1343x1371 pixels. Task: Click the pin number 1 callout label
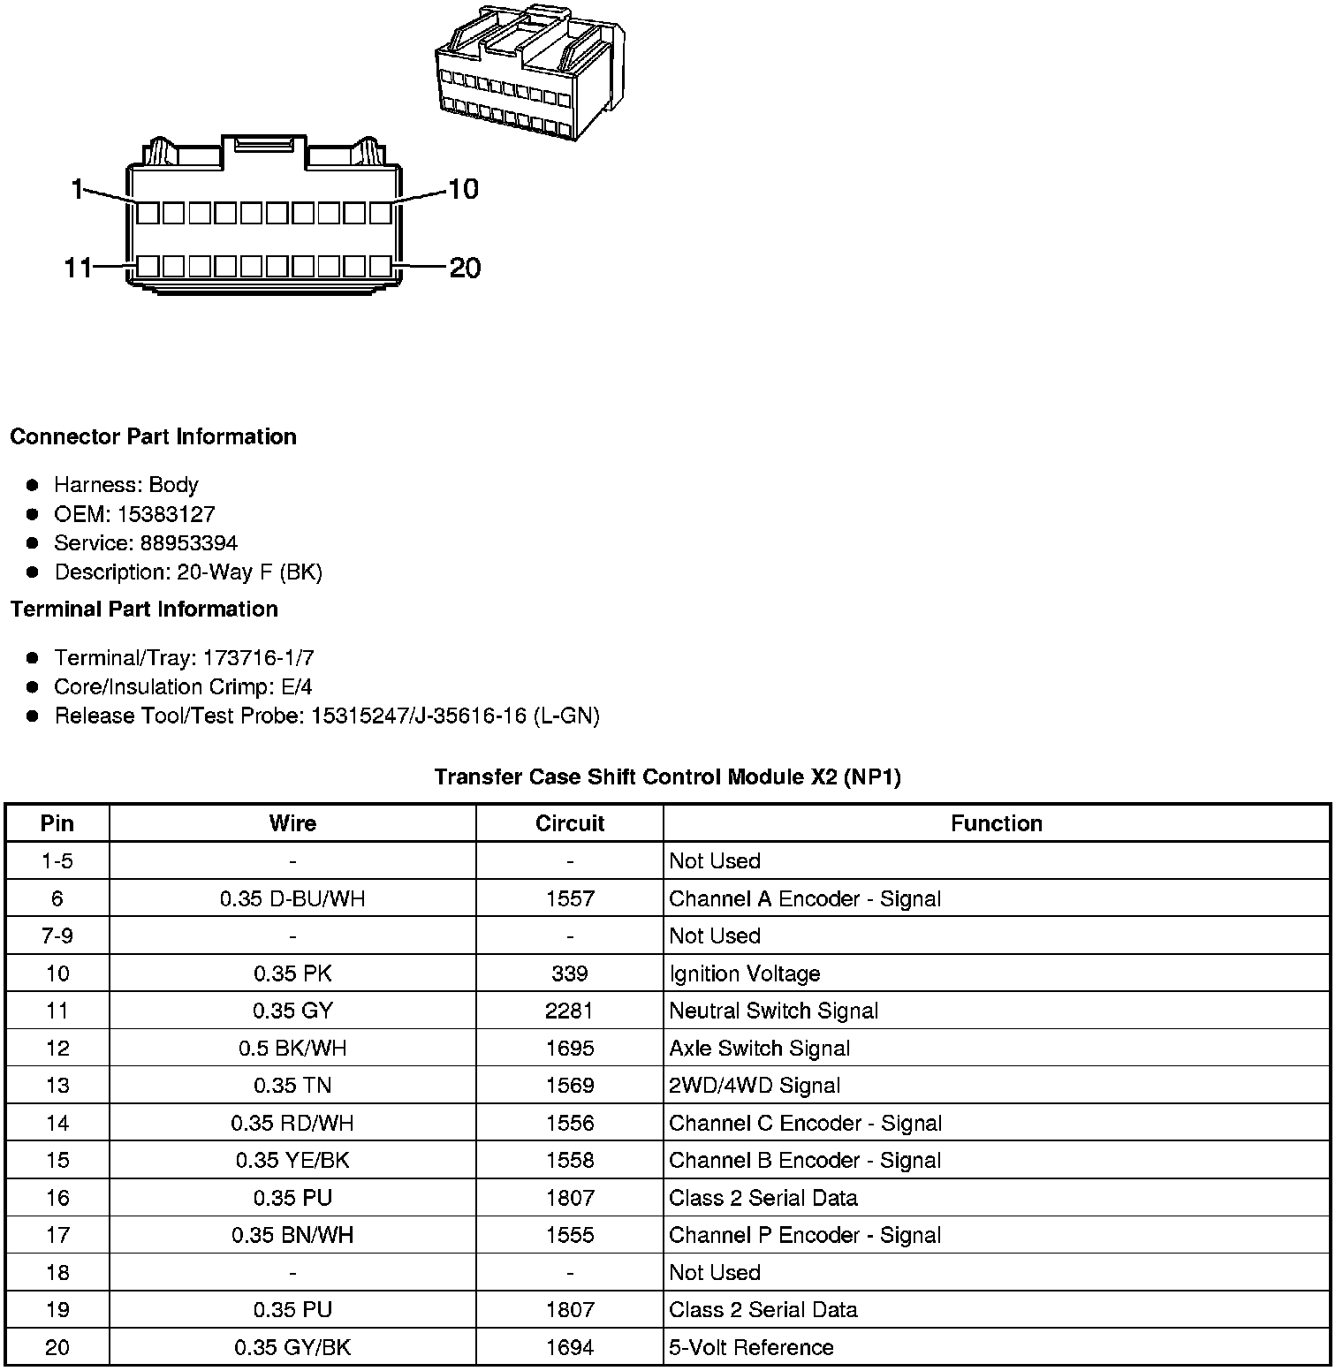77,188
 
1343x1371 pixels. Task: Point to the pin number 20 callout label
466,267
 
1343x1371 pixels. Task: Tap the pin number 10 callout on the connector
463,188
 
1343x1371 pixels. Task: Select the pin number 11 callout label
78,267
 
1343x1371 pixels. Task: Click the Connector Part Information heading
153,436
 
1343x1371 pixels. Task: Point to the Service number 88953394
188,542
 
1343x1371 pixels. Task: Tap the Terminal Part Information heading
144,609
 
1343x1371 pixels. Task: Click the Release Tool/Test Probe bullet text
327,716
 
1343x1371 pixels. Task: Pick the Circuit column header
570,823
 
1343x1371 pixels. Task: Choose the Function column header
996,823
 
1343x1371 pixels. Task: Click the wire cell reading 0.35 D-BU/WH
292,898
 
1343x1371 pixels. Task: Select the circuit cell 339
570,973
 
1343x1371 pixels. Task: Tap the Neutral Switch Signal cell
773,1011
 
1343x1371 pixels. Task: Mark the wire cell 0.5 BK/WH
292,1049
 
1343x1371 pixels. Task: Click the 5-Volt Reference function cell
751,1347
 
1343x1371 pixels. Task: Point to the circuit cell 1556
570,1123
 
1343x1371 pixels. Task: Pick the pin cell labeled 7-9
57,935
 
